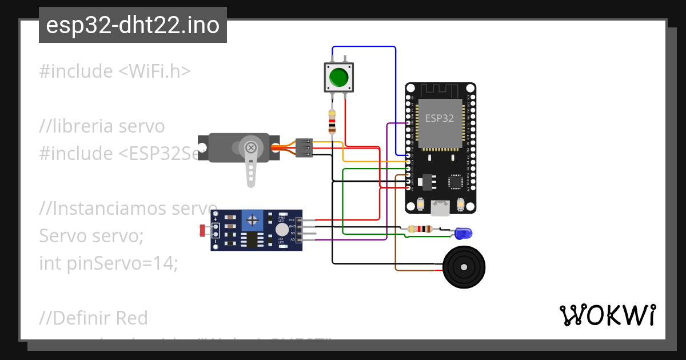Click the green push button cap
[339, 77]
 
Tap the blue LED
[463, 233]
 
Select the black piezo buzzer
[464, 267]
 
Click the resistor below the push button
[332, 122]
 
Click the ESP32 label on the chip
[440, 118]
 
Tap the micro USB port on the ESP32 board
[440, 208]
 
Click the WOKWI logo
[607, 315]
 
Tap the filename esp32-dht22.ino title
[133, 25]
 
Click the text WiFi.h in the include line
[154, 71]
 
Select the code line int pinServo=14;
[109, 263]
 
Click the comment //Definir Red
[94, 318]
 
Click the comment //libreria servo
[102, 126]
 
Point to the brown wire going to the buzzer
[396, 229]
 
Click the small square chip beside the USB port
[456, 182]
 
